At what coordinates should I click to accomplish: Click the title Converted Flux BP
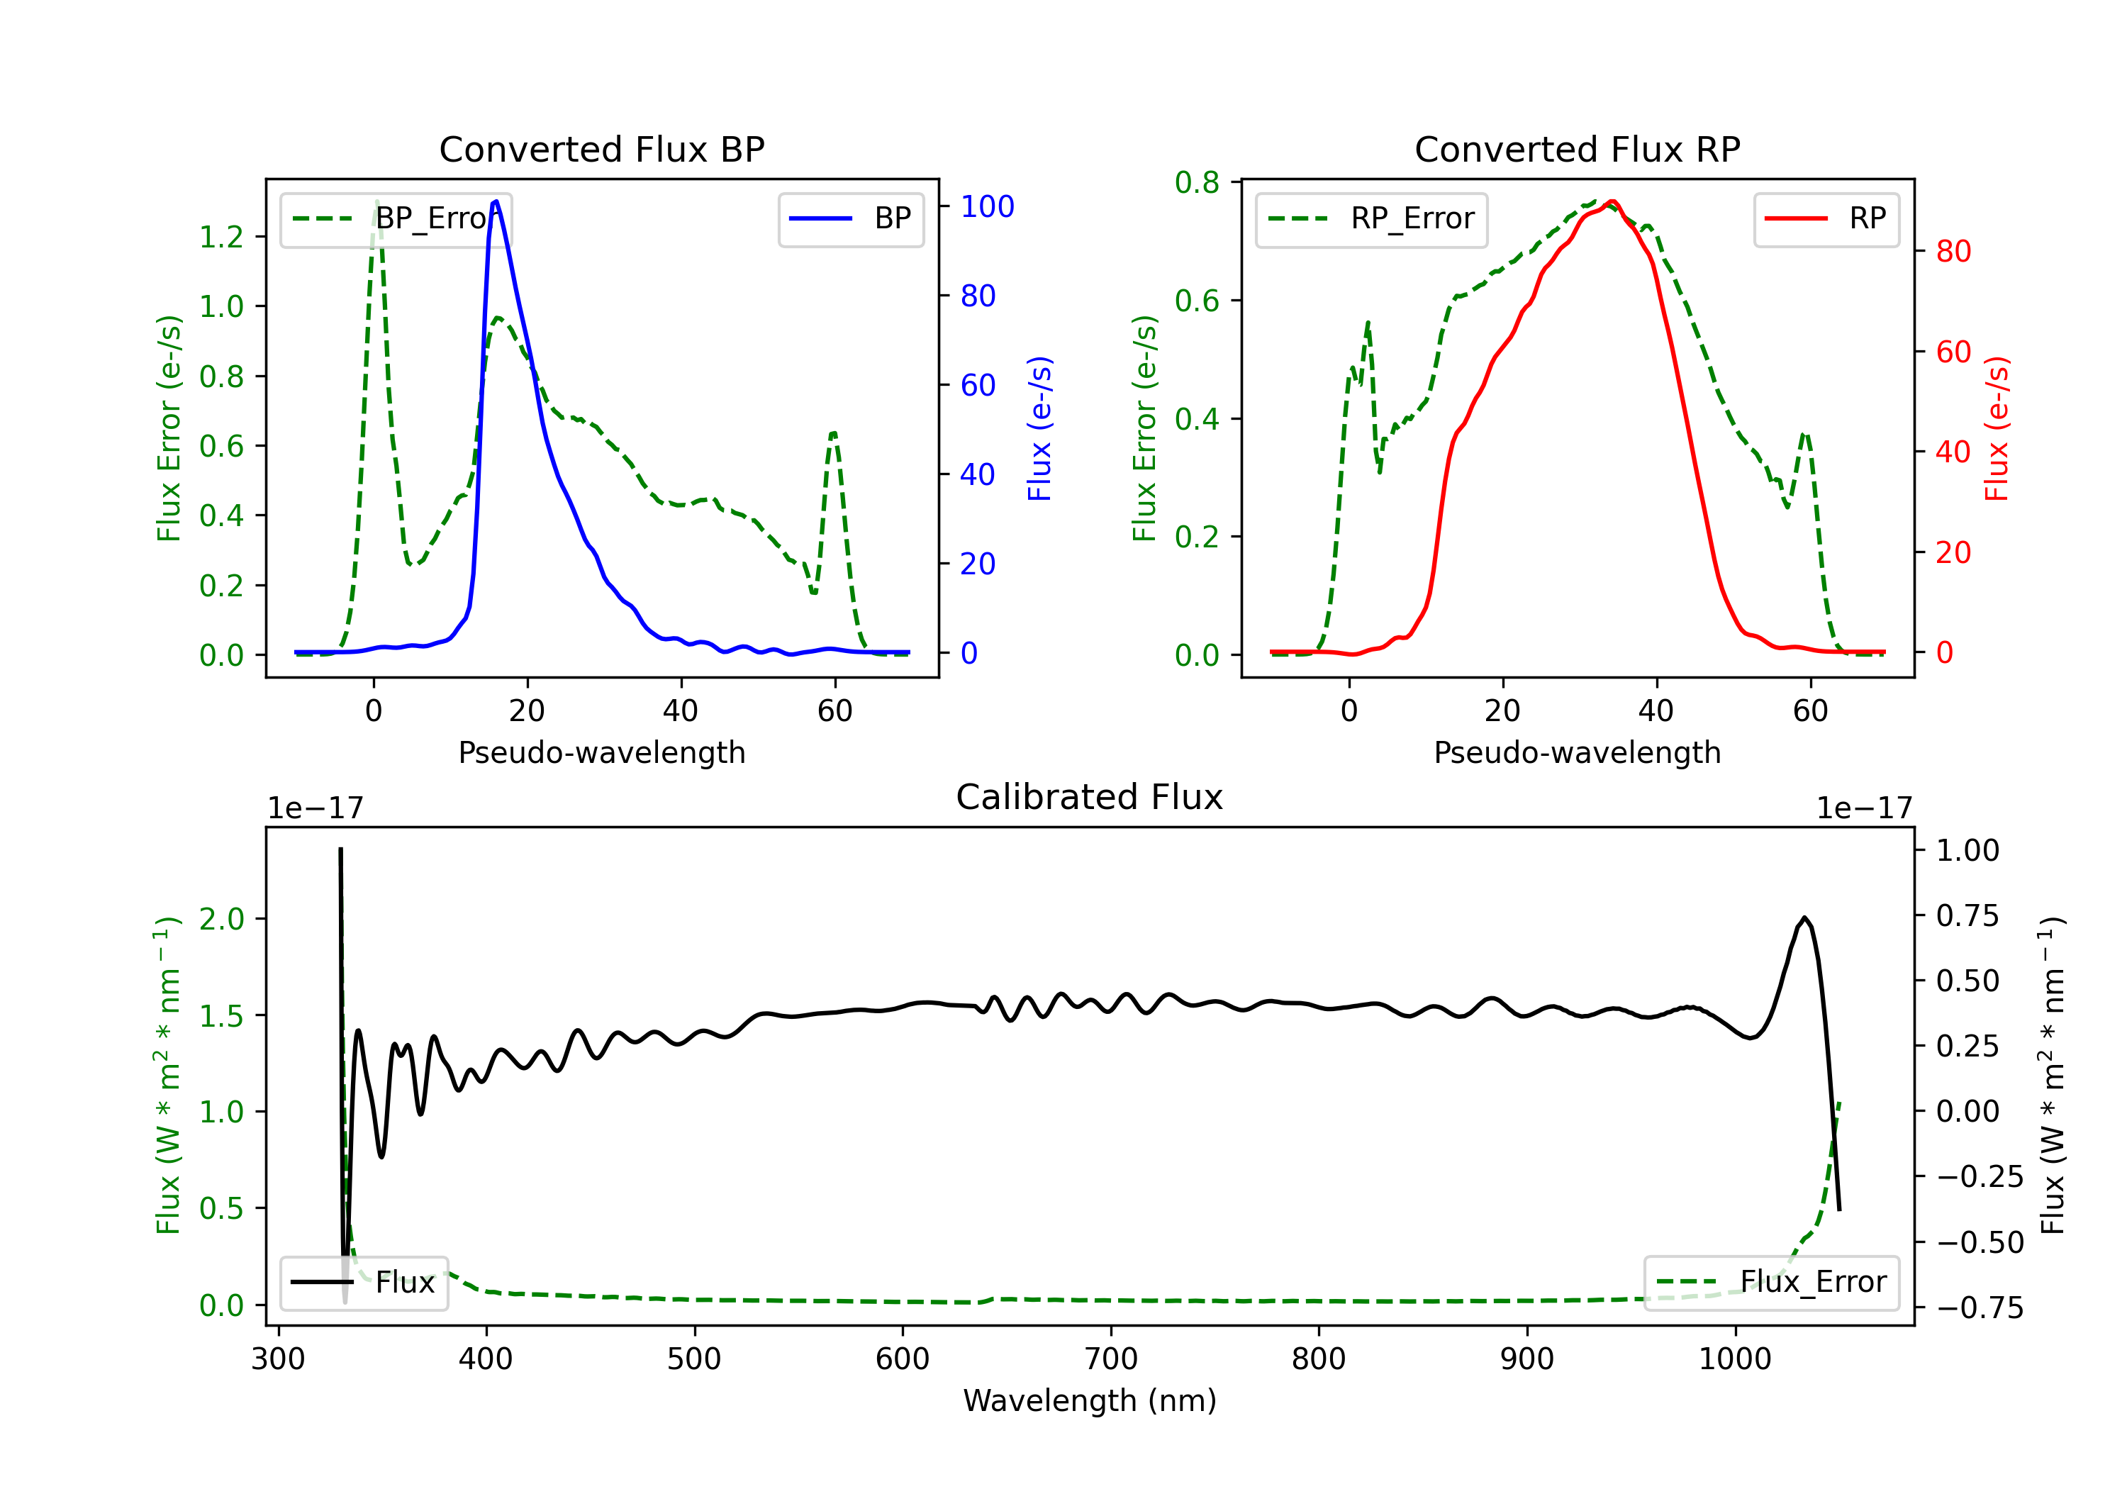tap(601, 149)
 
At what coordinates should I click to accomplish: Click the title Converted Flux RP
tap(1577, 149)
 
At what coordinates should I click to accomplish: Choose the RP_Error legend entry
tap(1371, 218)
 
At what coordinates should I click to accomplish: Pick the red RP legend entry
tap(1826, 218)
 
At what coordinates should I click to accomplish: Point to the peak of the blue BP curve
tap(496, 201)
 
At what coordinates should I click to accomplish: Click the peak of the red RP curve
tap(1612, 201)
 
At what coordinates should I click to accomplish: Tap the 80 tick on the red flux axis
tap(1953, 251)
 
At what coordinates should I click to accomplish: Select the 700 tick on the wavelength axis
tap(1111, 1359)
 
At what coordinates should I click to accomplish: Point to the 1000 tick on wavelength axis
tap(1734, 1359)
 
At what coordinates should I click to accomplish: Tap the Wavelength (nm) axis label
tap(1090, 1400)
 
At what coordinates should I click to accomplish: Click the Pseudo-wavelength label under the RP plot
tap(1577, 752)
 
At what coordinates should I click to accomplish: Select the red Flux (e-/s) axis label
tap(1997, 428)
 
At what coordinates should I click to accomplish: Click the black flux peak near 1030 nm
tap(1804, 918)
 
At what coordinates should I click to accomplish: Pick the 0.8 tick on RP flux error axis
tap(1197, 182)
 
